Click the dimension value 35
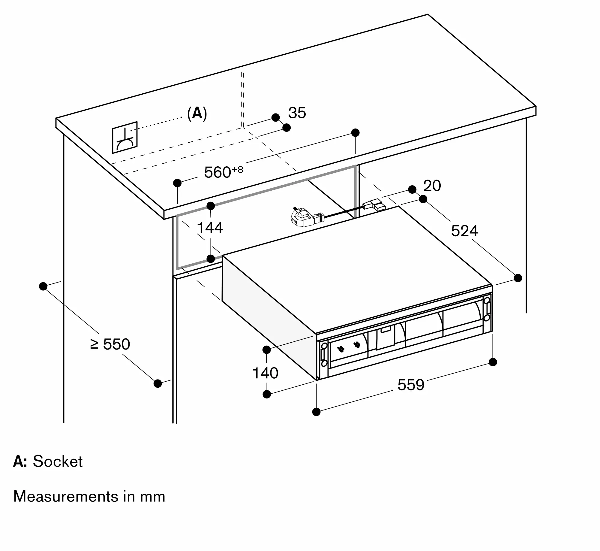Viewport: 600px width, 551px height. point(297,113)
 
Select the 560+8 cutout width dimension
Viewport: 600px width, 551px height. point(223,172)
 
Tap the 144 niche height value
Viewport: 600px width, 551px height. point(210,228)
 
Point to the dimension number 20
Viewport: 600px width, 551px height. point(432,186)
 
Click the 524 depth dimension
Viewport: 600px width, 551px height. point(464,231)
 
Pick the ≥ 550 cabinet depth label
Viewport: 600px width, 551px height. point(110,344)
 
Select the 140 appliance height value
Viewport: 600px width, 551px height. point(265,373)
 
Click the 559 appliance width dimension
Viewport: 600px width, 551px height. point(411,385)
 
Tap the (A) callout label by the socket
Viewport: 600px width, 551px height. point(197,114)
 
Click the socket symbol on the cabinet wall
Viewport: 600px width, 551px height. point(125,138)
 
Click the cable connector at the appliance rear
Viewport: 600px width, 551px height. point(373,205)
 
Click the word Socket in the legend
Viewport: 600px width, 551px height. point(58,461)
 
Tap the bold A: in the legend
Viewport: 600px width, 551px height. point(20,461)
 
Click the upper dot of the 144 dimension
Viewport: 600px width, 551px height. point(211,206)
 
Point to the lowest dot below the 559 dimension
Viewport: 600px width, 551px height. point(316,412)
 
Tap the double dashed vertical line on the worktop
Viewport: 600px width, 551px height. point(242,99)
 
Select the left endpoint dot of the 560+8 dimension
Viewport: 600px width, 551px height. point(177,183)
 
